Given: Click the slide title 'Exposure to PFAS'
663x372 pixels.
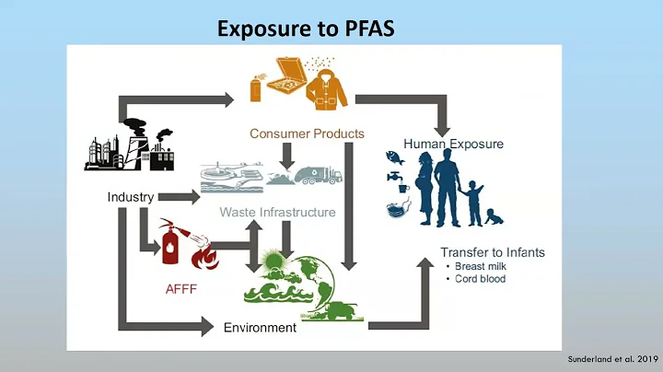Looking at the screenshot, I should coord(306,29).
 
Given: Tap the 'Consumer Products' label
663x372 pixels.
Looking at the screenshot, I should coord(307,134).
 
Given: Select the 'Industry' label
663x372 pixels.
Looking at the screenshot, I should coord(130,197).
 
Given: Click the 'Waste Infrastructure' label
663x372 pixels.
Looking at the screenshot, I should coord(277,213).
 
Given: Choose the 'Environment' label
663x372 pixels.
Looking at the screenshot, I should coord(260,328).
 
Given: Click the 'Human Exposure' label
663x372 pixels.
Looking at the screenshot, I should coord(453,144).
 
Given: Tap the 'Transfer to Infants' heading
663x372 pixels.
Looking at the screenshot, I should coord(492,252).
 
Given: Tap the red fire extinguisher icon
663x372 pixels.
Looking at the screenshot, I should coord(170,245).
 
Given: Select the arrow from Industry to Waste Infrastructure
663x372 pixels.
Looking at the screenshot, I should coord(179,197).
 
